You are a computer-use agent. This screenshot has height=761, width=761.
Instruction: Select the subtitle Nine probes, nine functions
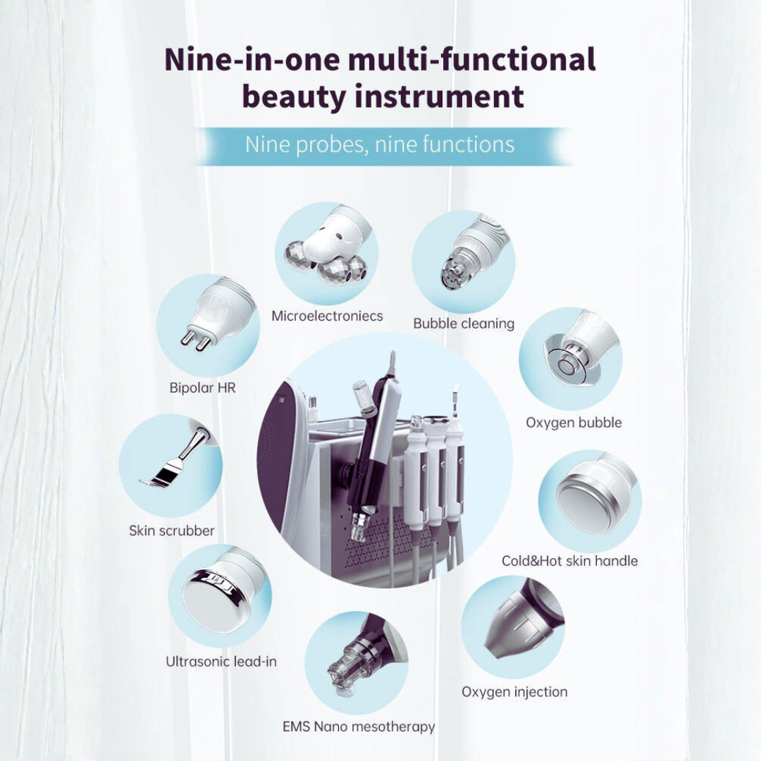pos(380,145)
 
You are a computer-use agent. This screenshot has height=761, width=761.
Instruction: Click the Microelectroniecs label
pos(327,316)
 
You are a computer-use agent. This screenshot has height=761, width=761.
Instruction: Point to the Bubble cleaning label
pos(464,324)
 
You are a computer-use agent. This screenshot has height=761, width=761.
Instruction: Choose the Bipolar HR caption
pos(202,388)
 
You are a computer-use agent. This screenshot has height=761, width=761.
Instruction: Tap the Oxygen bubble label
pos(574,423)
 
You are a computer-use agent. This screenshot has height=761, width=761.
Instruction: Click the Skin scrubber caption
pos(171,531)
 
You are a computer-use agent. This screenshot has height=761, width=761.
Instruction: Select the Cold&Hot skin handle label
pos(569,561)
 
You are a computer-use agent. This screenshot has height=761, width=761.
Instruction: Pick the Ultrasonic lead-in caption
pos(221,662)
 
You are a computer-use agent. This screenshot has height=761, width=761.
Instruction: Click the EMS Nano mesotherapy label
pos(359,726)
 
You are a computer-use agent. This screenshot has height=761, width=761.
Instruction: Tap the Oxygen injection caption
pos(514,692)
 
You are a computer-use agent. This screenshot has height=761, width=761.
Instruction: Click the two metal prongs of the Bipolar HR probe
pos(195,340)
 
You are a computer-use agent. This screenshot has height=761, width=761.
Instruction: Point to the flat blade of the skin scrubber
pos(161,476)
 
